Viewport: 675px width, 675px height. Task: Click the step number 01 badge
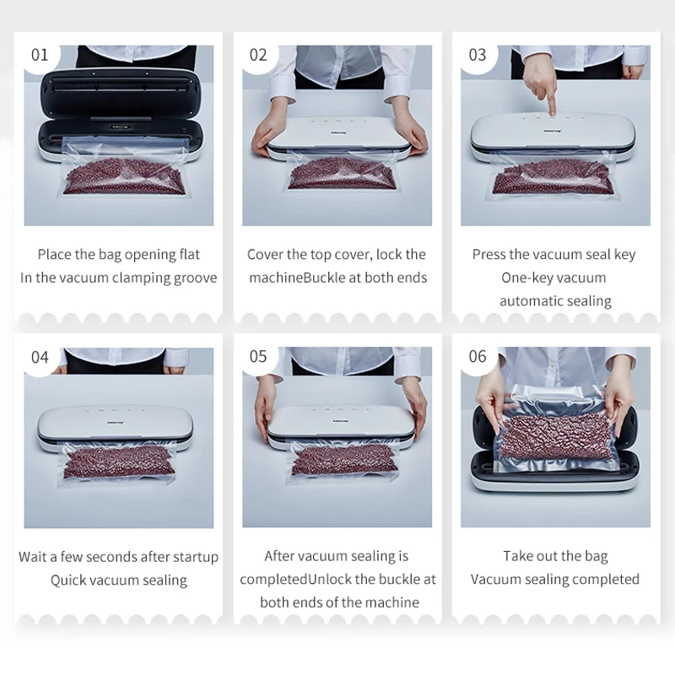coord(40,56)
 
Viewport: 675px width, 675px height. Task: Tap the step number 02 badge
coord(258,56)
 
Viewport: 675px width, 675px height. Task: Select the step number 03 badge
coord(478,56)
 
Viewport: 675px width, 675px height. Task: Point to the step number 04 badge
coord(40,357)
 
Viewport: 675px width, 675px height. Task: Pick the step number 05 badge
coord(258,357)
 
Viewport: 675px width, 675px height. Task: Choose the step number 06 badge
coord(478,357)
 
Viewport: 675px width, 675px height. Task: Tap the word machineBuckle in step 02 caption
coord(298,278)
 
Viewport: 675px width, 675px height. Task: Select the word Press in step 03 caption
coord(489,255)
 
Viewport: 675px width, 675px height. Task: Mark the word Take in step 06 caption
coord(518,556)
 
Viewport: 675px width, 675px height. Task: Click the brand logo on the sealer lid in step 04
coord(114,423)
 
